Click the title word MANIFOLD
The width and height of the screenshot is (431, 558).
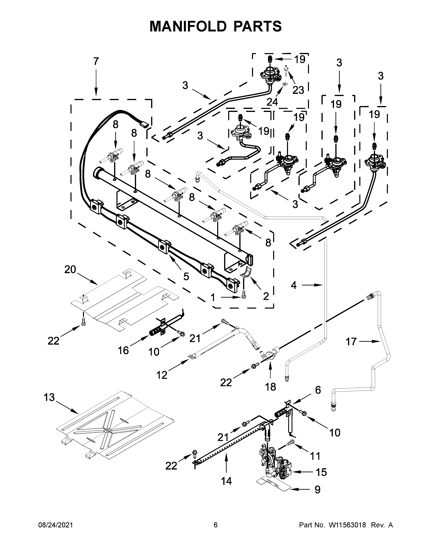click(188, 26)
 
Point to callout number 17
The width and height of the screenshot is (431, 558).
click(351, 342)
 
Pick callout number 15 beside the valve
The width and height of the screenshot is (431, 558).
click(321, 472)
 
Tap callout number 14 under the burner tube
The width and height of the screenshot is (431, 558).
click(226, 481)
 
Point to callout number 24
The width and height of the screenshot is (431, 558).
click(272, 102)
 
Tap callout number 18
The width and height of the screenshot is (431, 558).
click(271, 387)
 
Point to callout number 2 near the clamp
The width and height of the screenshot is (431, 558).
click(266, 296)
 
